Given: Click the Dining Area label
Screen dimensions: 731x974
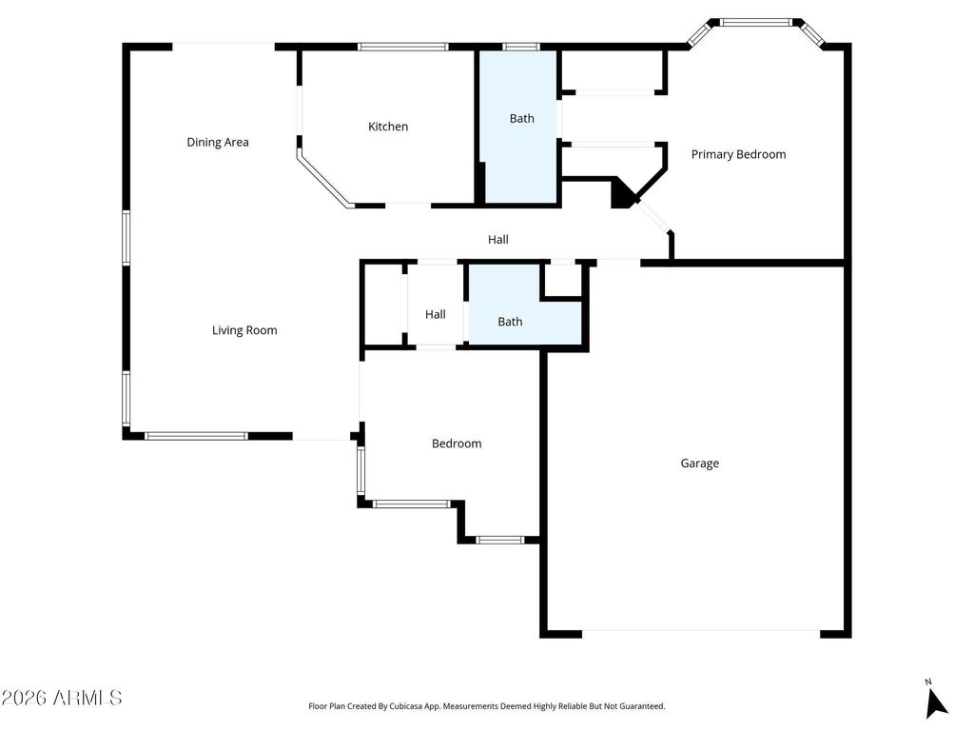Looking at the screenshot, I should (218, 142).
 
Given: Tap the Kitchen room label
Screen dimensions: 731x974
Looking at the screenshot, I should (388, 127).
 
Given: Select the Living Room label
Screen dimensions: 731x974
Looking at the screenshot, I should (244, 330).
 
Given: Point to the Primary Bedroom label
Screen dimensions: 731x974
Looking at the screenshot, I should (738, 154).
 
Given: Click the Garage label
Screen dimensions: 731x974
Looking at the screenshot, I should (699, 464).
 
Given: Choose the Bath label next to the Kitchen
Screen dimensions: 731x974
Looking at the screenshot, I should (521, 119).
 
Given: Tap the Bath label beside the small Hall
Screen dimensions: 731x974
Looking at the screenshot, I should (510, 322).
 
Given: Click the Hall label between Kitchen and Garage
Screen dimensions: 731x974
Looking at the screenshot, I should (498, 240).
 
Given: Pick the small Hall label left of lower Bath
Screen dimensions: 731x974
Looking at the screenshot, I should (436, 314).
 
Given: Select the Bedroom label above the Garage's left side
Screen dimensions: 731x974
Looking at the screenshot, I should (457, 444).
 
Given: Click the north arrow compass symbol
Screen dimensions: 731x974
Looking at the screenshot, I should (936, 701).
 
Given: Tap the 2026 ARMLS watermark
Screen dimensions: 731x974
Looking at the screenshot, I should (62, 698).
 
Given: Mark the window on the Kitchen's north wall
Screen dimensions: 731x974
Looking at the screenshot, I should (402, 46).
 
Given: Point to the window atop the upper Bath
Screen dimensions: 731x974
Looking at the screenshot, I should (520, 46).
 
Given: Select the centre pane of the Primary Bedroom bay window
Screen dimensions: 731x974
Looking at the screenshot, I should (756, 22).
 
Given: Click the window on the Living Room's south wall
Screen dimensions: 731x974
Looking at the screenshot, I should (196, 436).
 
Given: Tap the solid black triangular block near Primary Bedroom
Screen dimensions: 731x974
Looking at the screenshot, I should (622, 194).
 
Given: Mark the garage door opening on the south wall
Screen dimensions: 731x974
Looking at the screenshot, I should (700, 632).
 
